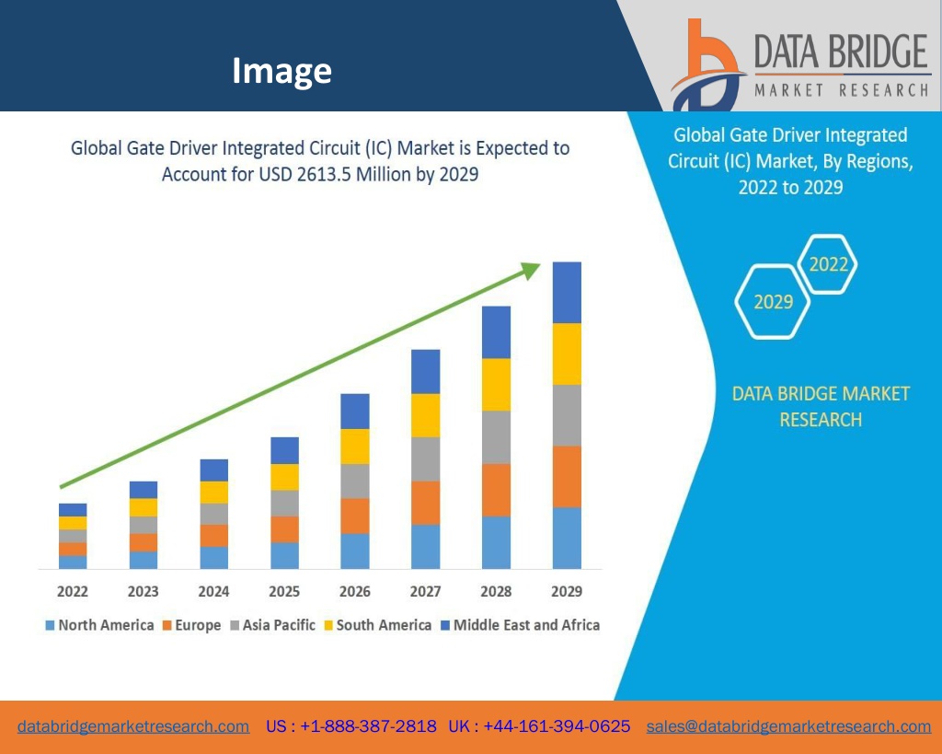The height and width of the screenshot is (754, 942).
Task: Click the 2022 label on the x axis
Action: point(73,591)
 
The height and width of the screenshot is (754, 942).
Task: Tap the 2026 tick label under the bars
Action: point(355,591)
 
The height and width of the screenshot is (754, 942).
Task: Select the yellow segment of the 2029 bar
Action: point(567,354)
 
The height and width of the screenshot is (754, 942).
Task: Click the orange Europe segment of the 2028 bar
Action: point(497,490)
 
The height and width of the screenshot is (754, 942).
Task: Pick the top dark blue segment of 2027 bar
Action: point(425,371)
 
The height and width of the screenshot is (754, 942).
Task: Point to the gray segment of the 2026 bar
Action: point(355,481)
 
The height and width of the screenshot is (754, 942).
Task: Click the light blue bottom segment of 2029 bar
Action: point(567,538)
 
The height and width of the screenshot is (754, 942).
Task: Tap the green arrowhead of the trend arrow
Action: point(531,269)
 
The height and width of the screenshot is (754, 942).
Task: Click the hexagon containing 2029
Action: point(774,301)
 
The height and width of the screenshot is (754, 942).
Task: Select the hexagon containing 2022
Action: point(828,264)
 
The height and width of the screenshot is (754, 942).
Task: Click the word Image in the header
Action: point(281,70)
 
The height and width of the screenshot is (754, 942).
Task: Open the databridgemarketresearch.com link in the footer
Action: point(133,726)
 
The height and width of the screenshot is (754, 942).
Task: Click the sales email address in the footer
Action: point(788,726)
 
